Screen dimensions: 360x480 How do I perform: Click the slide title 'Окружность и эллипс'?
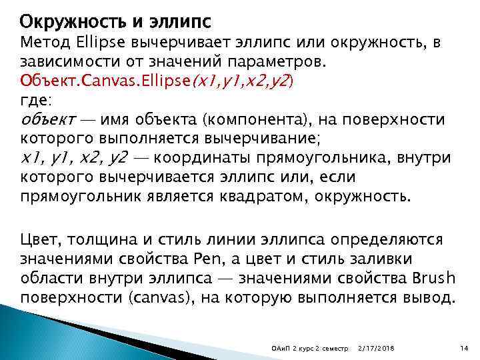[x=115, y=21]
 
